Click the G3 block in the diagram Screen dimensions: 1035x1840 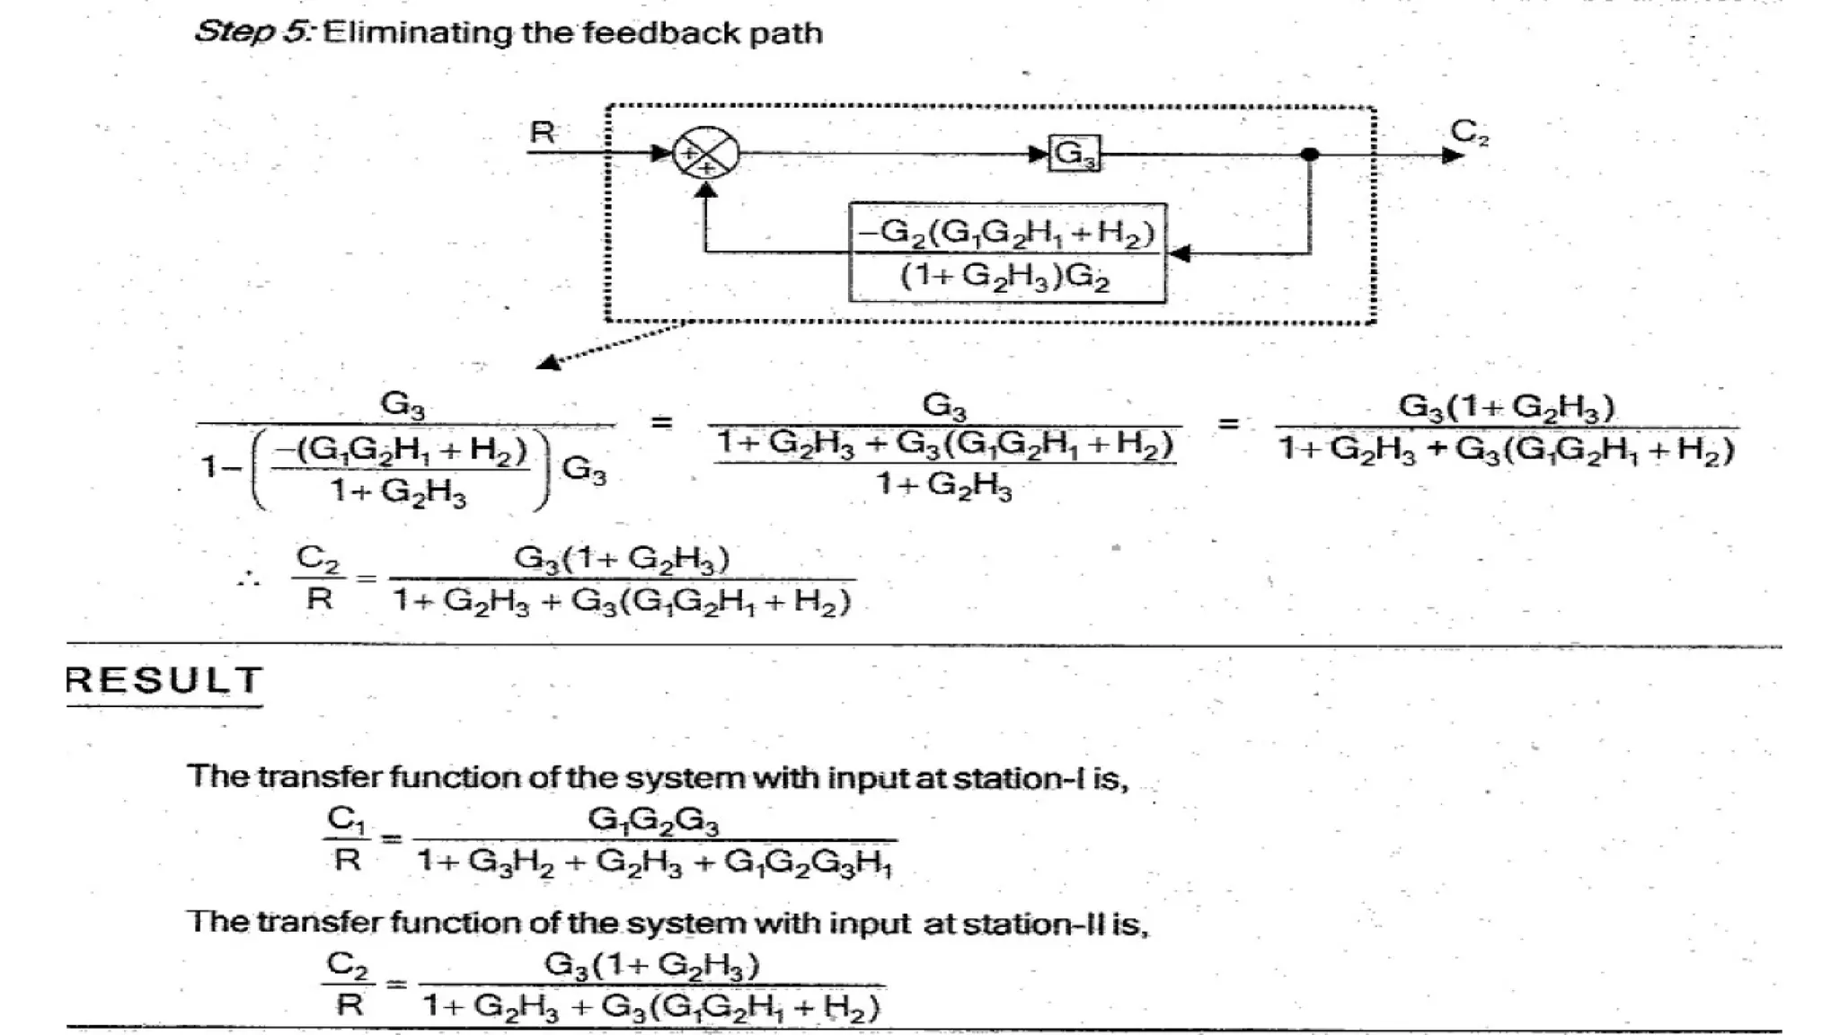click(x=1075, y=155)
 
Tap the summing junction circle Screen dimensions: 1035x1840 click(x=706, y=154)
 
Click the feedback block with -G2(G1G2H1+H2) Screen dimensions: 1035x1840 click(x=1007, y=253)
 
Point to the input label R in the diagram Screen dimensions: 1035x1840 click(x=542, y=132)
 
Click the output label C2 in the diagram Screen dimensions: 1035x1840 click(x=1469, y=132)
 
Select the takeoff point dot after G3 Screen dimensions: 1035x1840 click(x=1310, y=155)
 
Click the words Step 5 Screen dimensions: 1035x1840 click(x=253, y=32)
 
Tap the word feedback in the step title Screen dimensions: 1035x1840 click(x=638, y=33)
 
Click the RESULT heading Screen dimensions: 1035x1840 click(x=164, y=680)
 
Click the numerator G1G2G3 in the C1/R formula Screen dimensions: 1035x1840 click(x=653, y=820)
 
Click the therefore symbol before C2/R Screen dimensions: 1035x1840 click(x=249, y=579)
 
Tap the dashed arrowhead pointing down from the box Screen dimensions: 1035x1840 click(x=547, y=362)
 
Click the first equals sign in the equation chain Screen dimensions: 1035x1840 click(x=661, y=421)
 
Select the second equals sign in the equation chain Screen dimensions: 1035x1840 click(x=1228, y=423)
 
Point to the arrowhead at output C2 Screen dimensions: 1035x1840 click(x=1452, y=155)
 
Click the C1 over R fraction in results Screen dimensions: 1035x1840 click(x=347, y=839)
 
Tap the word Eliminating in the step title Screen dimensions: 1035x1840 click(x=419, y=33)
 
